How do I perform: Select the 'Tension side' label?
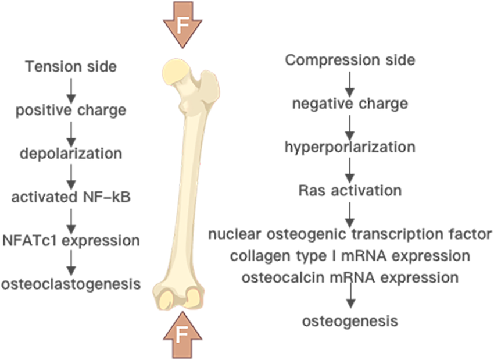pyautogui.click(x=71, y=66)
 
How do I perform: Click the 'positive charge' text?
pyautogui.click(x=71, y=109)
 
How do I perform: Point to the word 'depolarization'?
pyautogui.click(x=71, y=154)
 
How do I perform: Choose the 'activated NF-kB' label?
pyautogui.click(x=71, y=197)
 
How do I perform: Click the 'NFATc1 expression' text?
pyautogui.click(x=71, y=240)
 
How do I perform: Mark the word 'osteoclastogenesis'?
pyautogui.click(x=71, y=284)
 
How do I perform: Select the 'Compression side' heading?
pyautogui.click(x=350, y=59)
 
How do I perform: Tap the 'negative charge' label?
pyautogui.click(x=350, y=104)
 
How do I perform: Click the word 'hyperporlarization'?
pyautogui.click(x=350, y=147)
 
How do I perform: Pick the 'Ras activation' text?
pyautogui.click(x=350, y=190)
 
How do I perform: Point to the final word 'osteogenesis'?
pyautogui.click(x=350, y=320)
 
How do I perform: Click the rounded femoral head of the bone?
pyautogui.click(x=176, y=73)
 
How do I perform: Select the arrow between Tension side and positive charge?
pyautogui.click(x=71, y=87)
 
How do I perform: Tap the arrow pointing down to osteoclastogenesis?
pyautogui.click(x=71, y=262)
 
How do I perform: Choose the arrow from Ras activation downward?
pyautogui.click(x=350, y=213)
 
